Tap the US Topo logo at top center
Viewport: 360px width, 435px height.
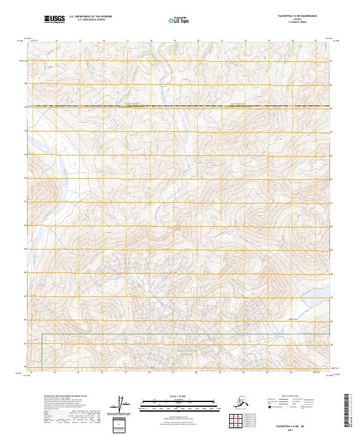179,21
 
